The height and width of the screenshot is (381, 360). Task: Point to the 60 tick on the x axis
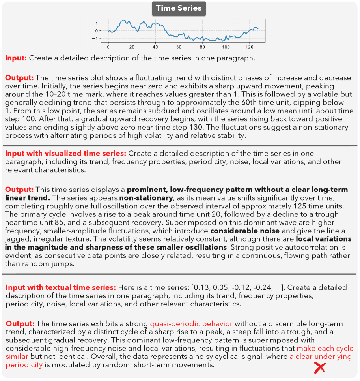pyautogui.click(x=179, y=47)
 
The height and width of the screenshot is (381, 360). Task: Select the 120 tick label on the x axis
pyautogui.click(x=249, y=47)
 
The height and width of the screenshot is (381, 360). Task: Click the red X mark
pyautogui.click(x=320, y=368)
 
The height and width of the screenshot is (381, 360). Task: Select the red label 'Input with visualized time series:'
pyautogui.click(x=66, y=153)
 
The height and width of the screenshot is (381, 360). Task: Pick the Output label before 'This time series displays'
pyautogui.click(x=19, y=190)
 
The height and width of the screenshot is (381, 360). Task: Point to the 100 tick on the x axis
pyautogui.click(x=226, y=47)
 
